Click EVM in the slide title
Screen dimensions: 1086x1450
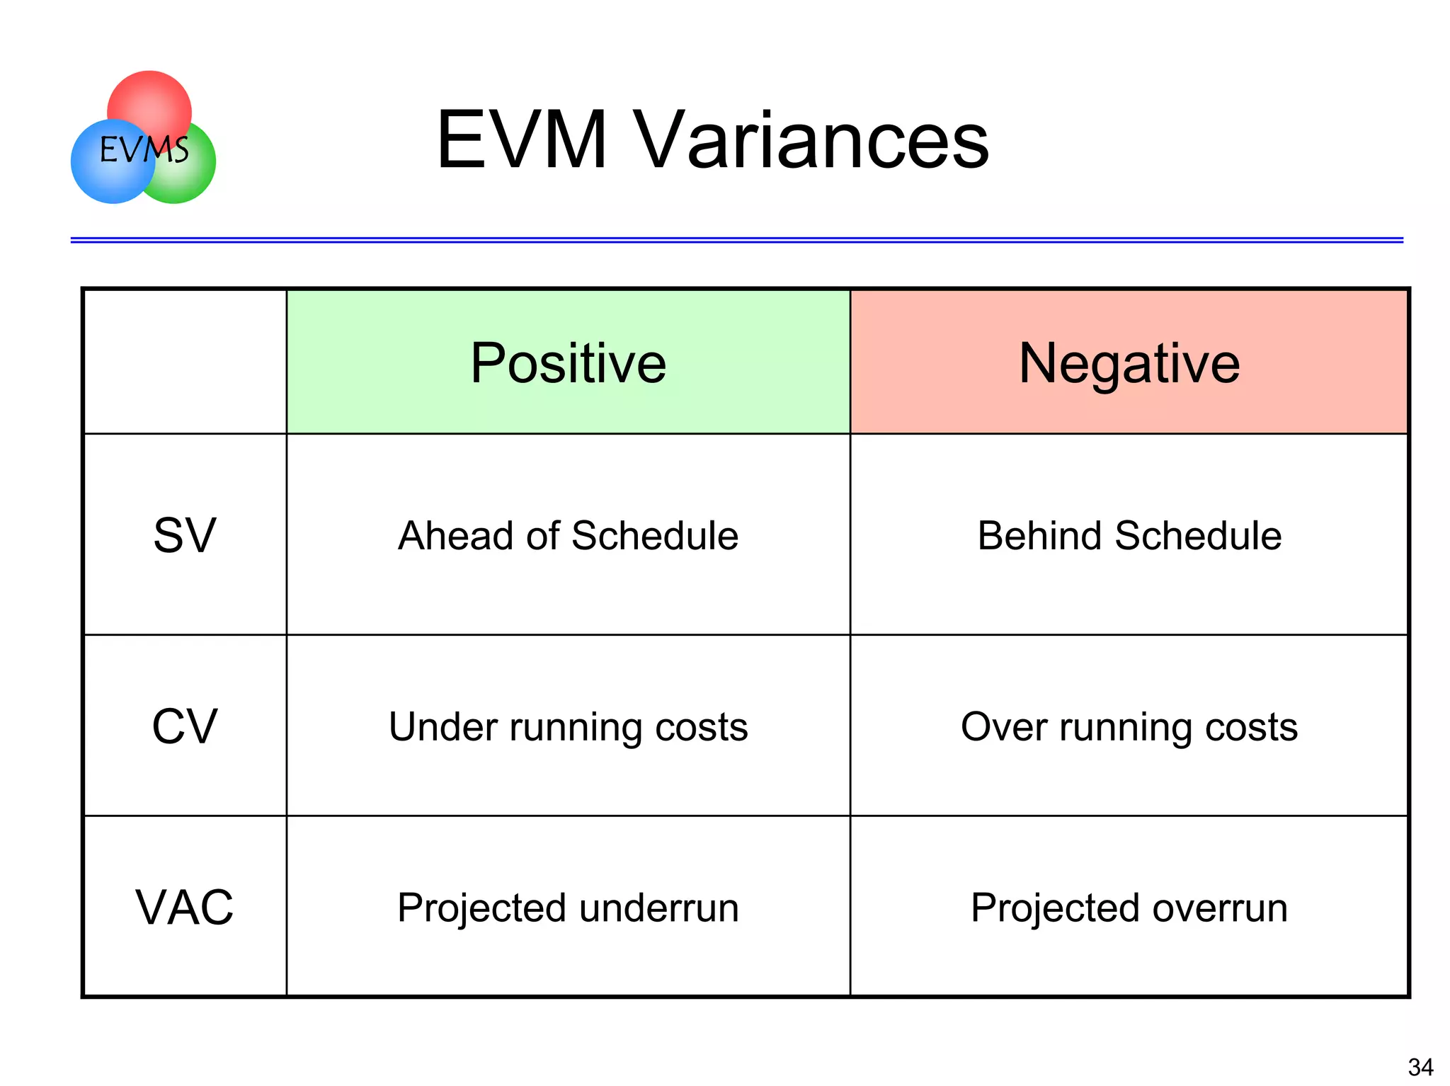tap(523, 140)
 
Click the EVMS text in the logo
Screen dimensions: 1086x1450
tap(144, 149)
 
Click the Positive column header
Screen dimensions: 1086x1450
tap(568, 362)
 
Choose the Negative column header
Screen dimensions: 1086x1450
tap(1129, 362)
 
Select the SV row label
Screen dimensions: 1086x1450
tap(185, 535)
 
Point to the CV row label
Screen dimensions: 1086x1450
tap(185, 726)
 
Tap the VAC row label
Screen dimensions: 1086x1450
tap(185, 907)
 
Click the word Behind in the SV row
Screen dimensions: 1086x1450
tap(1039, 535)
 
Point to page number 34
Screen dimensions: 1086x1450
tap(1420, 1066)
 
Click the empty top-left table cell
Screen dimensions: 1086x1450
tap(185, 362)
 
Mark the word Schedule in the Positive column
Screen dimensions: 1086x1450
tap(654, 535)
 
